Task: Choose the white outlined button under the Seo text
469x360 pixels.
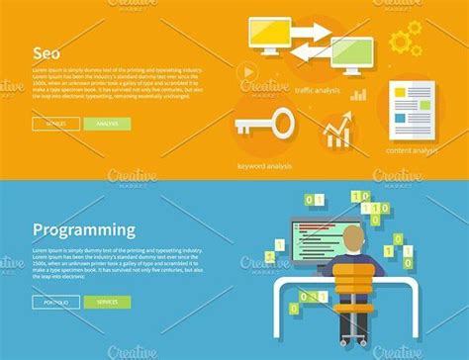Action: coord(55,124)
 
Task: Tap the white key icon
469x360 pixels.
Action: coord(264,126)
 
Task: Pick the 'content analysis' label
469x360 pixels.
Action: coord(412,150)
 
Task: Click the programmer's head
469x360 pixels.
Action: coord(352,238)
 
